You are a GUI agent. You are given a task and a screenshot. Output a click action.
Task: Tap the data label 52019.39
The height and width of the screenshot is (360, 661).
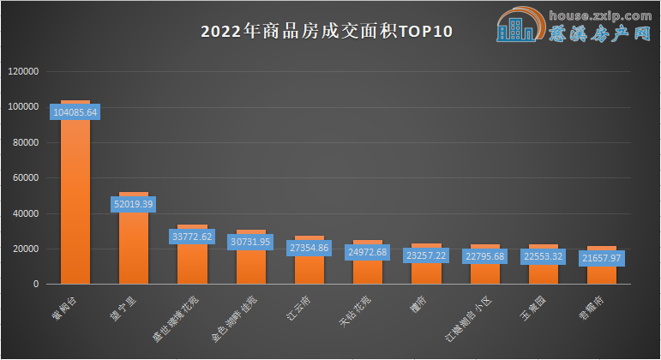click(x=134, y=204)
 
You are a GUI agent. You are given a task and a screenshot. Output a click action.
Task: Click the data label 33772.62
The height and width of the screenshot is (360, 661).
click(x=192, y=237)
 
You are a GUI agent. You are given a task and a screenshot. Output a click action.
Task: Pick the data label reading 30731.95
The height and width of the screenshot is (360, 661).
click(x=251, y=242)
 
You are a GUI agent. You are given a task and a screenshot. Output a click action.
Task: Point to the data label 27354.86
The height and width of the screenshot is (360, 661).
click(x=309, y=248)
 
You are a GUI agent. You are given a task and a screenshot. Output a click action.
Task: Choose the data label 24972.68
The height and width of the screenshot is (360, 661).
click(x=368, y=252)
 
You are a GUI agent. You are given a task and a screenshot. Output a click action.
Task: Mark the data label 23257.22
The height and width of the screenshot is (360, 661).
click(x=426, y=255)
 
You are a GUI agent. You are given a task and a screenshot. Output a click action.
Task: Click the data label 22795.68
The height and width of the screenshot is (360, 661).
click(x=484, y=256)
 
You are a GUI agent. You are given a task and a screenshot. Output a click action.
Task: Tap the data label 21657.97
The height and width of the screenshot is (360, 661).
click(x=602, y=258)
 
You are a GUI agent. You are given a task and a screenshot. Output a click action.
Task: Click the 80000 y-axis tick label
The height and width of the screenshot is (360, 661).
click(x=26, y=143)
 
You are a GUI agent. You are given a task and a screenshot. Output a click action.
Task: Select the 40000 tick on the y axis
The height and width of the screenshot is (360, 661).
click(x=26, y=213)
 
